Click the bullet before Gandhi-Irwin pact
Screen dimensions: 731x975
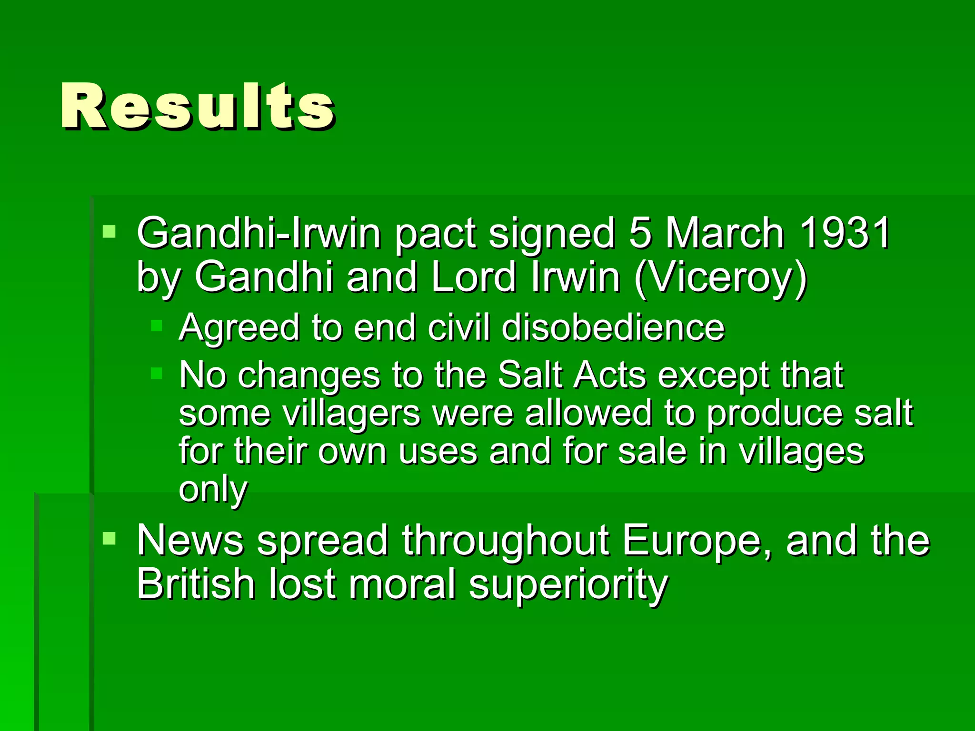(x=109, y=232)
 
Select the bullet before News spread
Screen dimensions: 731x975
(x=109, y=539)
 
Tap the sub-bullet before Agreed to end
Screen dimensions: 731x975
(x=157, y=326)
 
